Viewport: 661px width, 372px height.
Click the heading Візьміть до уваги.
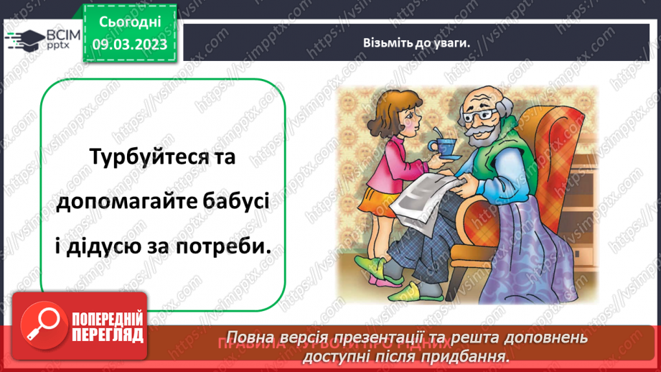point(416,42)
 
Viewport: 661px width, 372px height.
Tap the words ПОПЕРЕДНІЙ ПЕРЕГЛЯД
point(107,327)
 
